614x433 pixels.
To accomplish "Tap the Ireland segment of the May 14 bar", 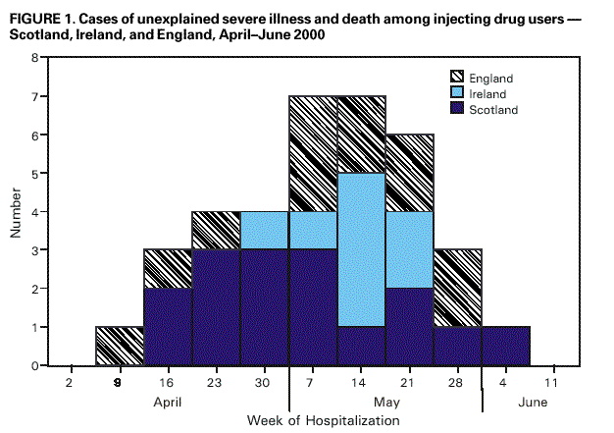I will (x=361, y=250).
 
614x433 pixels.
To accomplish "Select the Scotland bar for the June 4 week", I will (x=505, y=347).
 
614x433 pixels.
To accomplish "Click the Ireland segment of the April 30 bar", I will (x=265, y=231).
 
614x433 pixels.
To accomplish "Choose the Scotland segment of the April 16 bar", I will (x=169, y=327).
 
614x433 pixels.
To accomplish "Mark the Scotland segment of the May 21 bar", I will (x=409, y=327).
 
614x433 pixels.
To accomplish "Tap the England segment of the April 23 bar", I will (x=217, y=231).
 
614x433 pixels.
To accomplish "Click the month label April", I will (x=169, y=402).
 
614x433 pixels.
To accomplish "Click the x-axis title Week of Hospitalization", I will (x=323, y=420).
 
